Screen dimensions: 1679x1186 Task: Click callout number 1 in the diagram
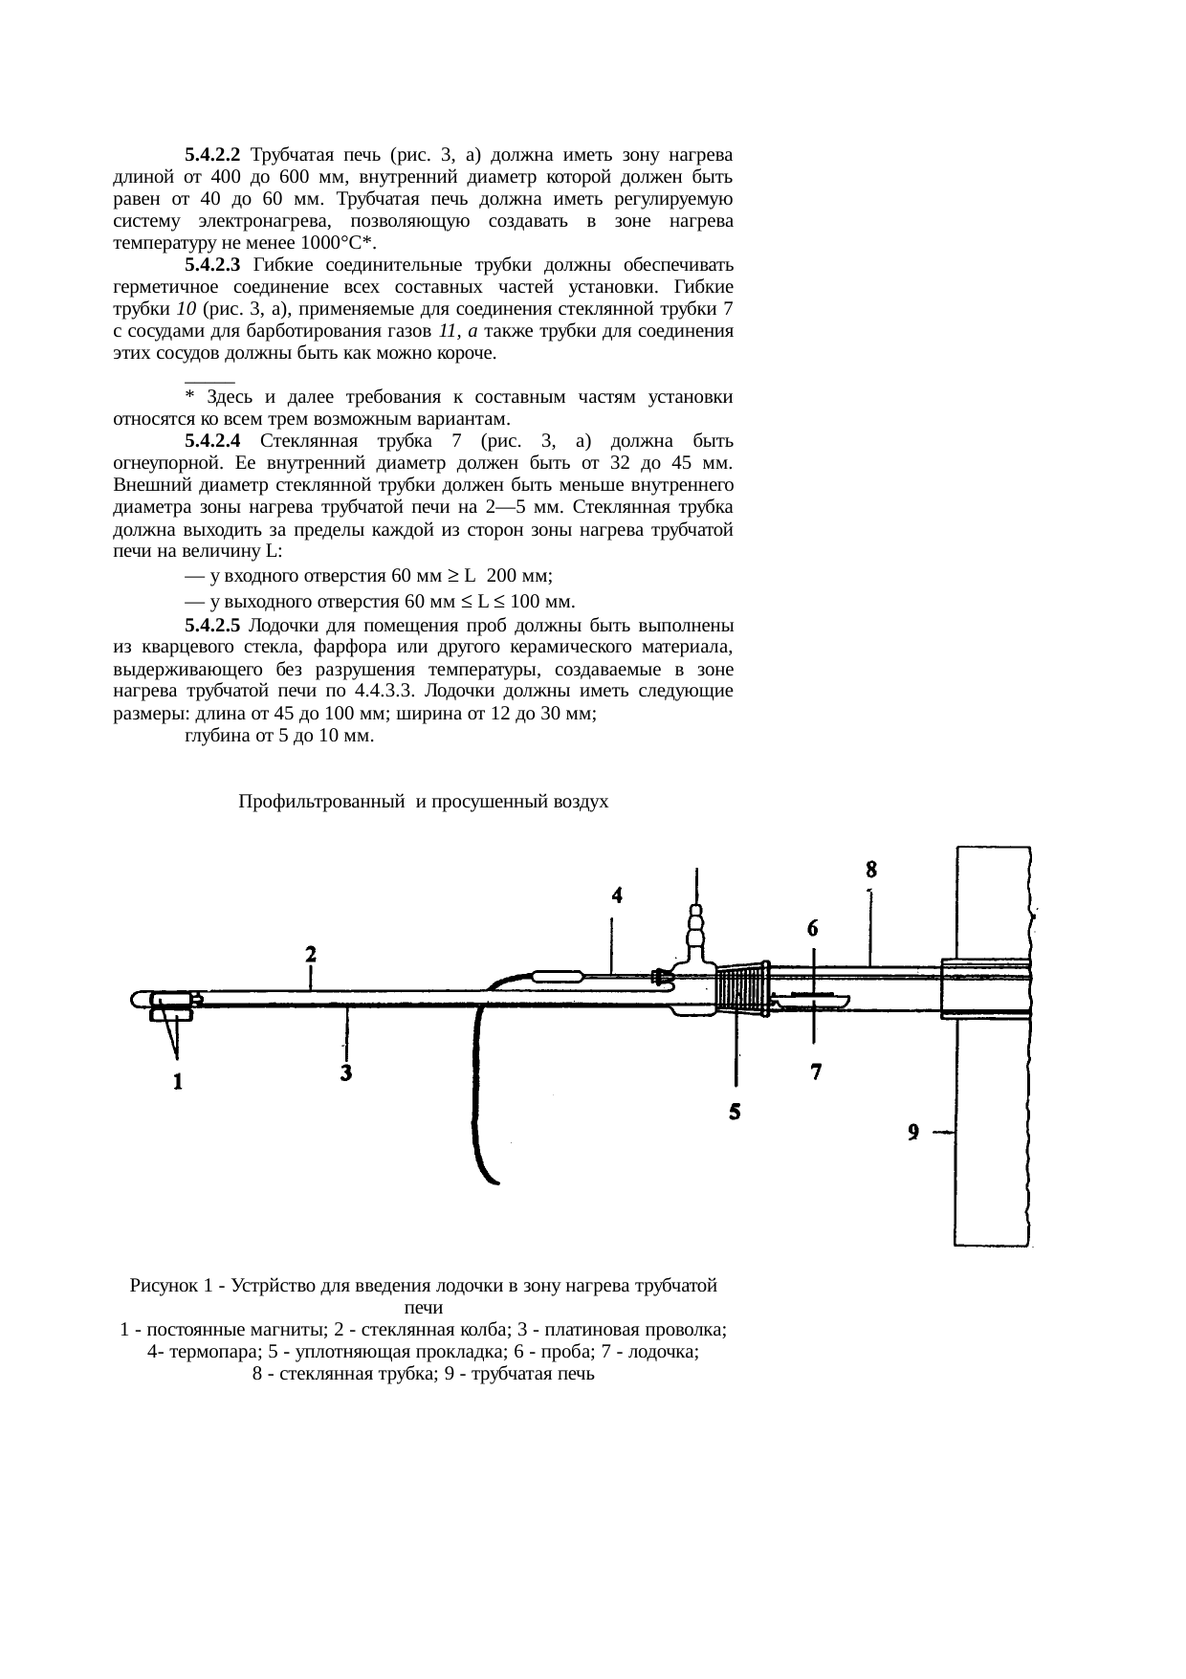pos(178,1082)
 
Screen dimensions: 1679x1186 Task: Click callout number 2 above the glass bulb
pos(311,954)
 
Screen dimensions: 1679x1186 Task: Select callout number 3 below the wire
pos(346,1073)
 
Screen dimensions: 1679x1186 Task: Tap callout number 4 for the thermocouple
pos(618,895)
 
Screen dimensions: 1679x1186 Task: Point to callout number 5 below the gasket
pos(735,1112)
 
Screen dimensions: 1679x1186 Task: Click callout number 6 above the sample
pos(813,927)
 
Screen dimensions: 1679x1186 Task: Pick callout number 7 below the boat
pos(816,1072)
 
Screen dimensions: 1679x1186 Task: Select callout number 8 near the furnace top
pos(871,870)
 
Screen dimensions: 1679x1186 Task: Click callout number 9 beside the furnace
pos(913,1132)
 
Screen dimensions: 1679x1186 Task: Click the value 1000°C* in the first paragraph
pos(339,243)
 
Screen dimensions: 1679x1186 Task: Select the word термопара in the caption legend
pos(201,1352)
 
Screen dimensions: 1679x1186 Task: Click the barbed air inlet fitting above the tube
pos(697,929)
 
